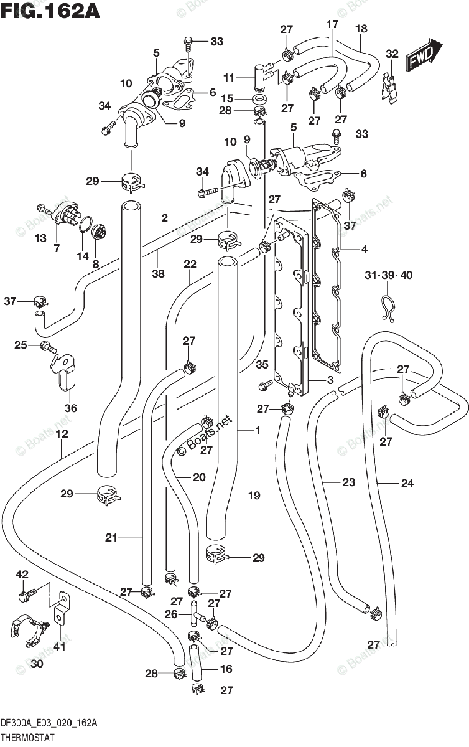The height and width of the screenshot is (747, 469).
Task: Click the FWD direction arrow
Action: pyautogui.click(x=424, y=55)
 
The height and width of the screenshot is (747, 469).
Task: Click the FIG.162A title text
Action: pyautogui.click(x=50, y=11)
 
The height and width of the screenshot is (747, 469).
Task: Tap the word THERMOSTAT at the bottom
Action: pyautogui.click(x=27, y=737)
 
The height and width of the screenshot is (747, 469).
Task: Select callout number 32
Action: pyautogui.click(x=392, y=54)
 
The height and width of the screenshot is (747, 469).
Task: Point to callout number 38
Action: pyautogui.click(x=158, y=273)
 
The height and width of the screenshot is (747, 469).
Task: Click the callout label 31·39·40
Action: pyautogui.click(x=389, y=275)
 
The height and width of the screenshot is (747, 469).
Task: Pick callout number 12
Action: pyautogui.click(x=62, y=434)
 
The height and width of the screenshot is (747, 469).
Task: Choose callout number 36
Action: pyautogui.click(x=70, y=408)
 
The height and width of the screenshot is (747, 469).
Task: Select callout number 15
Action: pyautogui.click(x=227, y=98)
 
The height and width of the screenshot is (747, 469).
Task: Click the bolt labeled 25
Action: pyautogui.click(x=49, y=347)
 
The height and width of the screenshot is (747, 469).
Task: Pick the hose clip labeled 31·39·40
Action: pyautogui.click(x=388, y=307)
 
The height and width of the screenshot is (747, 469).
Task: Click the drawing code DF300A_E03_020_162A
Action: pyautogui.click(x=49, y=723)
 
